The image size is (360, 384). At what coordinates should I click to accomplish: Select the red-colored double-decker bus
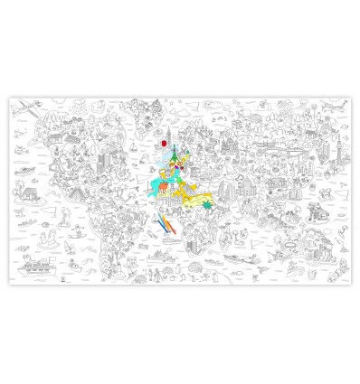[164, 142]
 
